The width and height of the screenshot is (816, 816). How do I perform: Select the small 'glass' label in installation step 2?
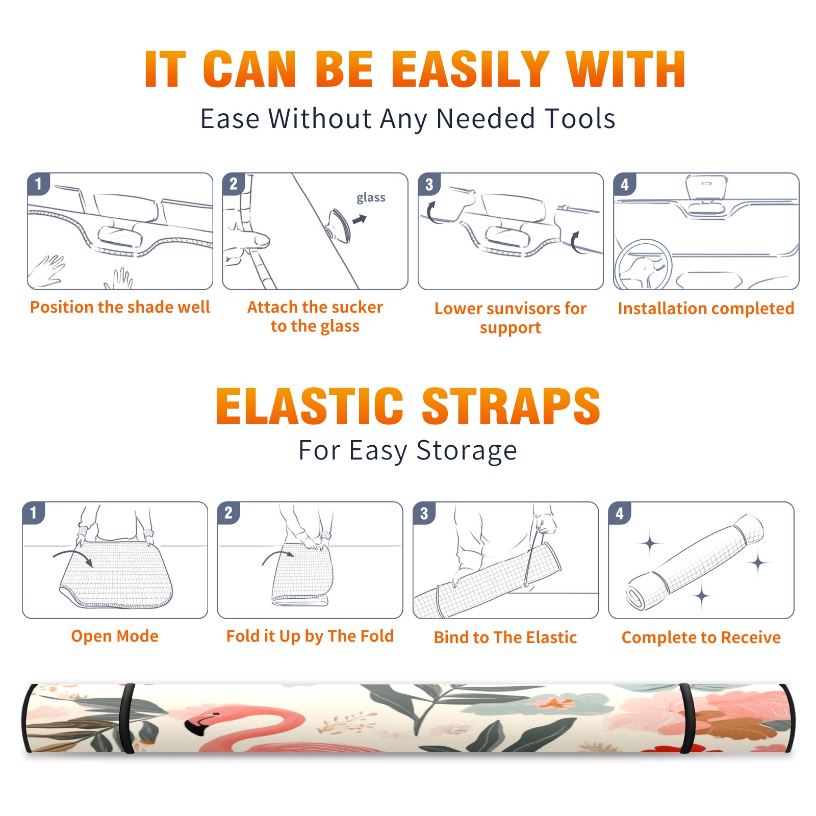(x=371, y=197)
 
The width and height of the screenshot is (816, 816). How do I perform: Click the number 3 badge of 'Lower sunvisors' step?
(x=429, y=184)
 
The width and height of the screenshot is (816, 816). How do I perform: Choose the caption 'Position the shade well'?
(x=120, y=307)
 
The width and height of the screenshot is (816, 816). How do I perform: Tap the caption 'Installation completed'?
(x=706, y=309)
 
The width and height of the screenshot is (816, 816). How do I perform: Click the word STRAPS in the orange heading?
(x=511, y=406)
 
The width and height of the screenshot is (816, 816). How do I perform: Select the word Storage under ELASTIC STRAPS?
(x=467, y=451)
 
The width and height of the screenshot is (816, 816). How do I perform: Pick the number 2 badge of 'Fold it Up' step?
(x=228, y=513)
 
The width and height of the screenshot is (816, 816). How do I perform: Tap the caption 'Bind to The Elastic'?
(x=505, y=637)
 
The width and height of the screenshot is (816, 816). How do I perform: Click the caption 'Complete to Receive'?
(x=701, y=637)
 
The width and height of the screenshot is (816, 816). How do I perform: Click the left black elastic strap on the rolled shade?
(x=127, y=719)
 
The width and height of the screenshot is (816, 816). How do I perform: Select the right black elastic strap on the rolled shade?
(x=686, y=719)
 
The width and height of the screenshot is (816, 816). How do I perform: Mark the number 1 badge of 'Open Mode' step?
(x=34, y=513)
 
